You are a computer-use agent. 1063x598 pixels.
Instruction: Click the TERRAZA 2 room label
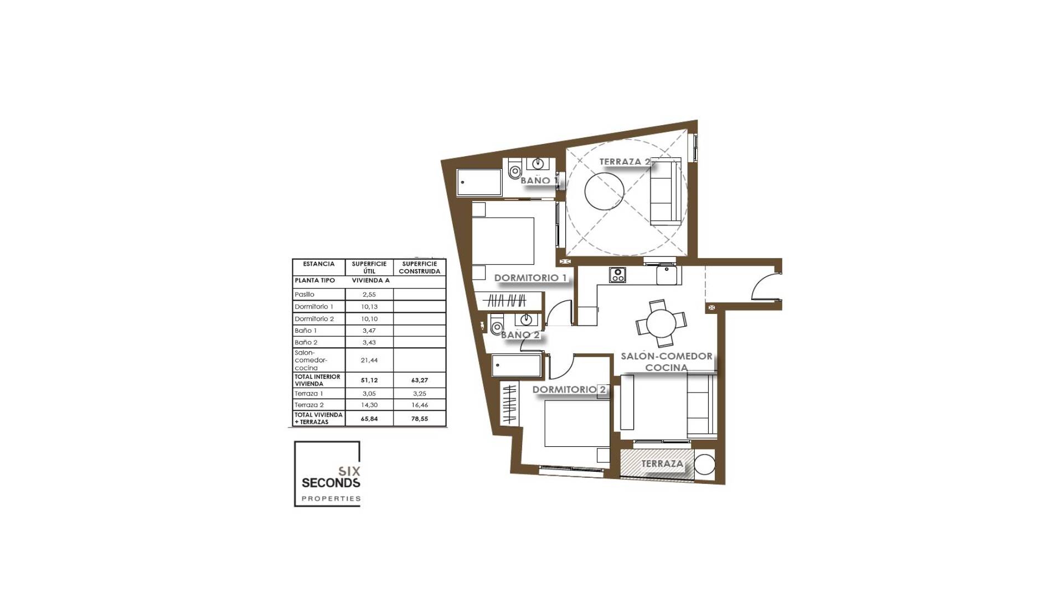pos(625,162)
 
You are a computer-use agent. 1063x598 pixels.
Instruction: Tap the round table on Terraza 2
pos(605,190)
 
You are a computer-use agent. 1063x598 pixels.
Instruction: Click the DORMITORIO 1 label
pos(530,278)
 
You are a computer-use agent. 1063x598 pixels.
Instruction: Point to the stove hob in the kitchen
pos(617,274)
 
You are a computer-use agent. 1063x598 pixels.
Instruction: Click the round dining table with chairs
pos(661,323)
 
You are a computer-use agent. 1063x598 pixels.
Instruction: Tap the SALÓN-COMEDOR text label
pos(667,356)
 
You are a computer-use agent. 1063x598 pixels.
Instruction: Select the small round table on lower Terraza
pos(704,464)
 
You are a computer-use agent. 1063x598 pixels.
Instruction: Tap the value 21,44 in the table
pos(369,360)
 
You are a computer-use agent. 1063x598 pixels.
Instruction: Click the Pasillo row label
pos(305,295)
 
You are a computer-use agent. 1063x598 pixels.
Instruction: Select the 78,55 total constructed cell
pos(419,419)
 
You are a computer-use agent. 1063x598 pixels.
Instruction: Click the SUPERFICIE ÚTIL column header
pos(369,267)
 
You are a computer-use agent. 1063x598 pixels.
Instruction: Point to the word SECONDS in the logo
pos(331,483)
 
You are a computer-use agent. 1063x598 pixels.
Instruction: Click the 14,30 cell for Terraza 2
pos(369,405)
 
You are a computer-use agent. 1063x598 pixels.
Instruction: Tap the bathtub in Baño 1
pos(479,182)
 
